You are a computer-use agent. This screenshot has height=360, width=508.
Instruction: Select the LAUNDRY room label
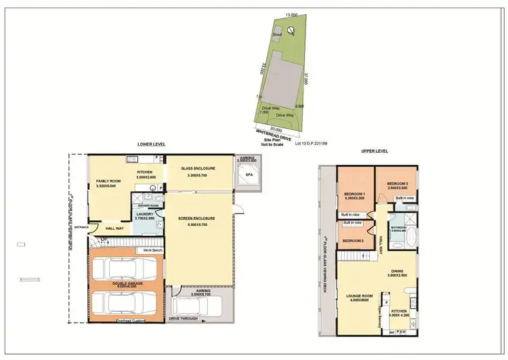coord(145,214)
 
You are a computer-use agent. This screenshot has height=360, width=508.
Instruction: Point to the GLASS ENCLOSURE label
coord(198,168)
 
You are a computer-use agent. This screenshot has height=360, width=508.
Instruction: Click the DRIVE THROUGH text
coord(184,318)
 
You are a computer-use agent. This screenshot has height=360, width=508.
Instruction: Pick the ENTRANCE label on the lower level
coord(81,226)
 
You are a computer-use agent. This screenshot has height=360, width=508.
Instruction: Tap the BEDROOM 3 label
coord(397,184)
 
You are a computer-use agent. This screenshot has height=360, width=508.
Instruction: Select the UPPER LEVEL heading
coord(374,151)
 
